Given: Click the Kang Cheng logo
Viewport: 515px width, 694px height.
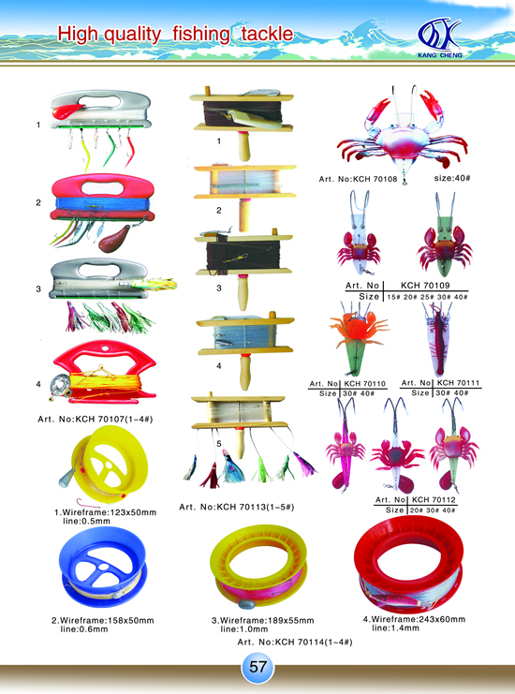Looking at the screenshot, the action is tap(440, 38).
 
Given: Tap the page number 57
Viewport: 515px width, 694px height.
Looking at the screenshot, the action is tap(257, 667).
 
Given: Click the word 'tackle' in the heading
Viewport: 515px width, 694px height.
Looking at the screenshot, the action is tap(267, 34).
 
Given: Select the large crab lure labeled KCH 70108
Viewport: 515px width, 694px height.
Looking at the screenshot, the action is tap(402, 133).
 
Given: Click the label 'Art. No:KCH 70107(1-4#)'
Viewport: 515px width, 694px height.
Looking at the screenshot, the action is tap(96, 419).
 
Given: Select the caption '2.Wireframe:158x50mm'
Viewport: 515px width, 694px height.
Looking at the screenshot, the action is tap(103, 621).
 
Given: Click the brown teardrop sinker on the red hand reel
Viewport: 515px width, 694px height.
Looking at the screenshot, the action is tap(113, 238).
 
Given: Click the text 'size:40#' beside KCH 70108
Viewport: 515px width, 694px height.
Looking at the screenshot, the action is tap(451, 178).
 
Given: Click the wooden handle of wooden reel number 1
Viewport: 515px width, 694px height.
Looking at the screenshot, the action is tap(243, 146).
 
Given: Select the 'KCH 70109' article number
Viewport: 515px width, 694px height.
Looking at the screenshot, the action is tap(425, 286).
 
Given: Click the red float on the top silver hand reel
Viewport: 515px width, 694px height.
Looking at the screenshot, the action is tap(67, 111).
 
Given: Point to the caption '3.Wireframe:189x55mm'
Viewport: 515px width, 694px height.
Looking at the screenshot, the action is tap(263, 621).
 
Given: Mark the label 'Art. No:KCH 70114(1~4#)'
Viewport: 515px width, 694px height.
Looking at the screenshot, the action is tap(295, 642).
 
